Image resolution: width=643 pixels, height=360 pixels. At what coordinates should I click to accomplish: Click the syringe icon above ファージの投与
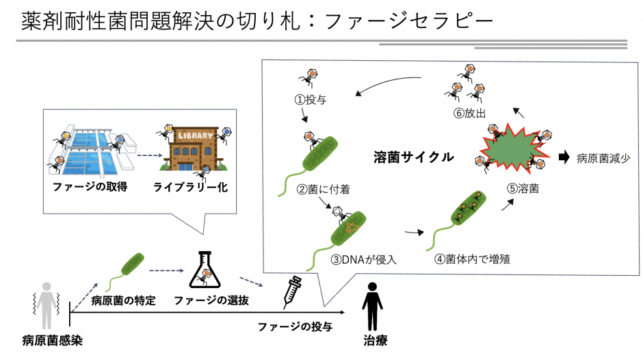click(293, 292)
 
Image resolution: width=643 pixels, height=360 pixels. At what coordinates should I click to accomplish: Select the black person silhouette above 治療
click(372, 306)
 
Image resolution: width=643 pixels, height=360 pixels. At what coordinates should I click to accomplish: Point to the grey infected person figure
click(47, 306)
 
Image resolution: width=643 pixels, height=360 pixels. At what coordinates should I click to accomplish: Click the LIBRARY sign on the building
click(196, 135)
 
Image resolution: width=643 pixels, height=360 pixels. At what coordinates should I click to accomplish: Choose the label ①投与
click(311, 100)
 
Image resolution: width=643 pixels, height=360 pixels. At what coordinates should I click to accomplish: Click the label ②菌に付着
click(324, 189)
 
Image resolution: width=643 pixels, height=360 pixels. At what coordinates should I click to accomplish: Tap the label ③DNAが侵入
click(364, 259)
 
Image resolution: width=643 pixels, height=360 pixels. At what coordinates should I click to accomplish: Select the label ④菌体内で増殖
click(473, 259)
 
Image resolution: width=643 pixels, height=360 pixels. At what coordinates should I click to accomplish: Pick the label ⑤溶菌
click(523, 188)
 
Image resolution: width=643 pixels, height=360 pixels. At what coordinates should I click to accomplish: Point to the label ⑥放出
click(469, 113)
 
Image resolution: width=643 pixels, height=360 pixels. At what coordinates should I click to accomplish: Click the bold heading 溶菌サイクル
click(413, 157)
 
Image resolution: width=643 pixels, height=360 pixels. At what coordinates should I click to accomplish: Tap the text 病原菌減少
click(603, 158)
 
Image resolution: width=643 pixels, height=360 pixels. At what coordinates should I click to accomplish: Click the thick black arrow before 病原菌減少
click(564, 157)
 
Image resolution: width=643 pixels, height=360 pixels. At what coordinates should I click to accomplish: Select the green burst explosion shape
click(512, 147)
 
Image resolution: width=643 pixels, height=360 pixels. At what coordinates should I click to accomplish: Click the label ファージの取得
click(90, 187)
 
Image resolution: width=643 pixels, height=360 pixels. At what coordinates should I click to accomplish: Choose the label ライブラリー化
click(190, 187)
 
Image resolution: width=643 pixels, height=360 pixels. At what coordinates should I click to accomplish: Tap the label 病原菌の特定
click(123, 300)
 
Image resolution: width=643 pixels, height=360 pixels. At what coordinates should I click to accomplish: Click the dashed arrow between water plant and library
click(150, 155)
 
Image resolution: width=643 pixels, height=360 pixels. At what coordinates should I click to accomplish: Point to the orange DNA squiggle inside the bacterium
click(351, 227)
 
